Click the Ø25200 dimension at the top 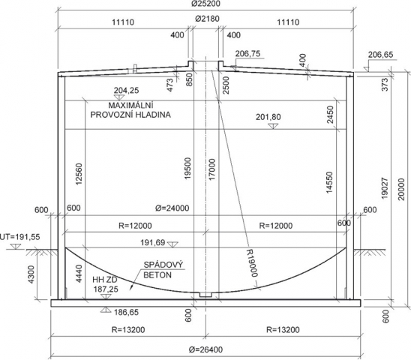205,4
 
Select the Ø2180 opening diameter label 207,19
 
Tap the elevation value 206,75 247,54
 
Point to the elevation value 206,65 380,55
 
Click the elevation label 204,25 126,91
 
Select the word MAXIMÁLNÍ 130,106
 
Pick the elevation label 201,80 268,117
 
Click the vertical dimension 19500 188,168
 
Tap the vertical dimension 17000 212,169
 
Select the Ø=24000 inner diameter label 172,208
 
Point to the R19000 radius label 252,263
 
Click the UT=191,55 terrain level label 20,237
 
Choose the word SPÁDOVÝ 163,265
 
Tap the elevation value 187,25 106,289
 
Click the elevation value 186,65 126,312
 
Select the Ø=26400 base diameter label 205,349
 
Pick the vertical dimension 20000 401,189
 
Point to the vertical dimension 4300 31,274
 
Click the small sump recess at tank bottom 205,295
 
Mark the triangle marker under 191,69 172,244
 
